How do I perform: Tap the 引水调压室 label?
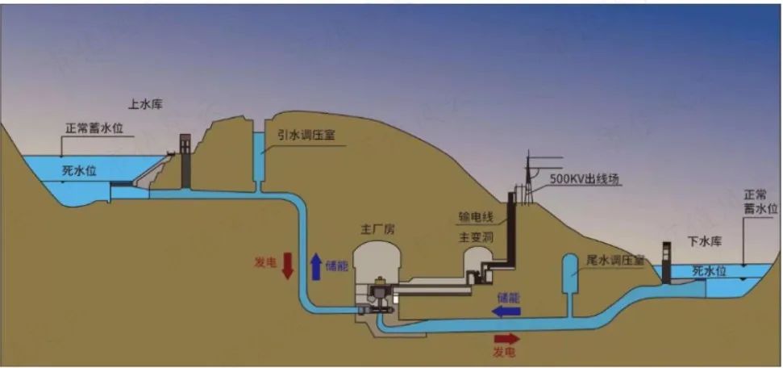point(305,136)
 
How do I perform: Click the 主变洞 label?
point(475,237)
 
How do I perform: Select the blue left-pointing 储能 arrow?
point(507,311)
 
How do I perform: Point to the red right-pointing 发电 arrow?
point(506,339)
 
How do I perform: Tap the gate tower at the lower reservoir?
point(666,263)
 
